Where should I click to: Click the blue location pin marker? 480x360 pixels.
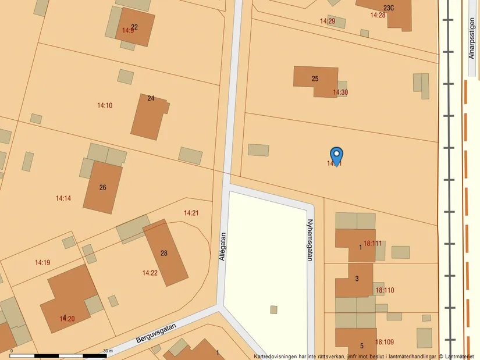[336, 155]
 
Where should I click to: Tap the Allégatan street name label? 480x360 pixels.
[223, 246]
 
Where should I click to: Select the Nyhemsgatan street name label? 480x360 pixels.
[310, 240]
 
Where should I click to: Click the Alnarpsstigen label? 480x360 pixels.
[472, 37]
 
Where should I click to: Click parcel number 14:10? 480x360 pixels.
[105, 105]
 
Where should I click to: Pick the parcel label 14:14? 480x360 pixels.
[63, 198]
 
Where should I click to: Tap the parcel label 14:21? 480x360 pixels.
[191, 213]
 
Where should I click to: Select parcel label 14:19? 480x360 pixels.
[42, 263]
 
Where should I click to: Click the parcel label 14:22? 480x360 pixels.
[150, 273]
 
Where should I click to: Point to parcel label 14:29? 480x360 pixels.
[328, 21]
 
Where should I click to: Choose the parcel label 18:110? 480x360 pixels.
[385, 290]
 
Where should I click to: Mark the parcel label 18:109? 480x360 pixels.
[385, 342]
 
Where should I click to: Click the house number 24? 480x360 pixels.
[151, 98]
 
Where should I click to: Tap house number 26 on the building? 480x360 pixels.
[103, 187]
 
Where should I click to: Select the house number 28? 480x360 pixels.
[164, 253]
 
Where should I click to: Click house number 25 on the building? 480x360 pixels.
[315, 79]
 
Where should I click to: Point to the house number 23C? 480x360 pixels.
[389, 8]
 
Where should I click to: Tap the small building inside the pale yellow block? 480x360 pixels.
[274, 309]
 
